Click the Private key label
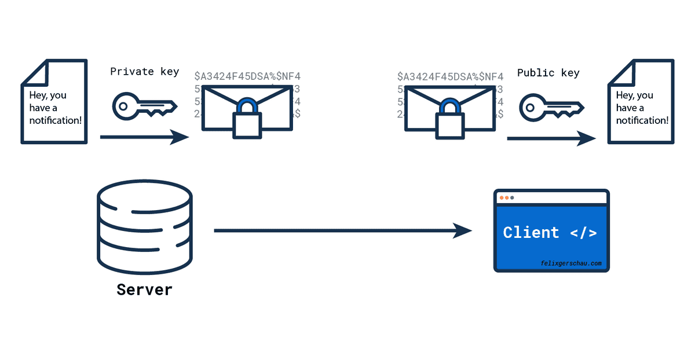pos(145,72)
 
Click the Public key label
pos(548,73)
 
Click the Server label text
pos(144,289)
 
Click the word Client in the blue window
pos(531,233)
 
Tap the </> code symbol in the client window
pos(583,233)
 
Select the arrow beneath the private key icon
pos(144,138)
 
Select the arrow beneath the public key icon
pos(551,138)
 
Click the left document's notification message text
pos(55,108)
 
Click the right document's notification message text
pos(642,108)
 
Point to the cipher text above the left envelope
pos(247,76)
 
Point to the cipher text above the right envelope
pos(451,76)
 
